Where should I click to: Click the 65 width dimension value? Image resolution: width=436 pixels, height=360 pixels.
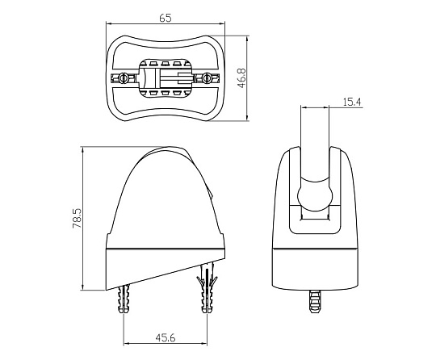[166, 18]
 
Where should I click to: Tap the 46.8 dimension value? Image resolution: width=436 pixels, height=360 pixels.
[242, 77]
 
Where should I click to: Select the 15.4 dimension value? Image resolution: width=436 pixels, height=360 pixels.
[352, 102]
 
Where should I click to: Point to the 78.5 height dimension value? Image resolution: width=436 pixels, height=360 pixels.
[77, 218]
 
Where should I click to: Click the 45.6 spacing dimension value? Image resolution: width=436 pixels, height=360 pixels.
[166, 337]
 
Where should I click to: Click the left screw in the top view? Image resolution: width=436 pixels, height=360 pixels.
[123, 78]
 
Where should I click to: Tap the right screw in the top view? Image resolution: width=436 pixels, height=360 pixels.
[207, 78]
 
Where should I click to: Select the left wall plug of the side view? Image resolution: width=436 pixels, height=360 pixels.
[124, 299]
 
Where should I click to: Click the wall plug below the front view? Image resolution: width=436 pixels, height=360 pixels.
[315, 301]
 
